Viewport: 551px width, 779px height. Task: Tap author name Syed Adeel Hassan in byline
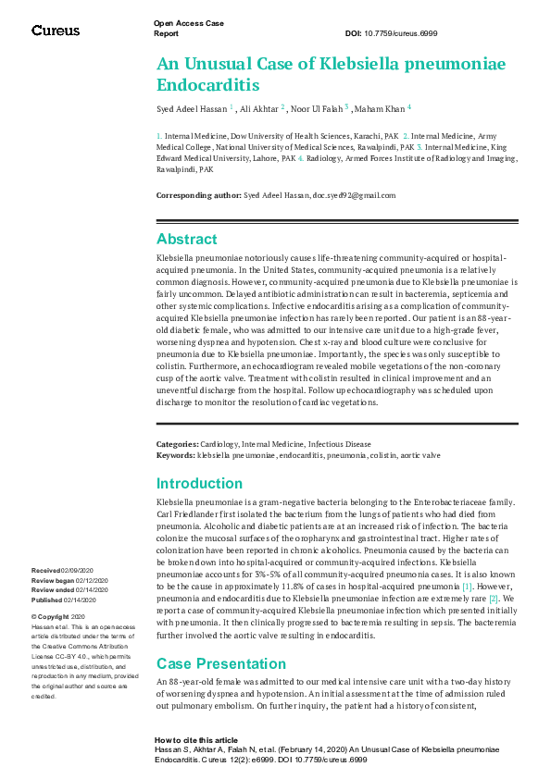click(x=191, y=109)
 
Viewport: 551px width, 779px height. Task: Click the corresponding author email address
click(x=354, y=195)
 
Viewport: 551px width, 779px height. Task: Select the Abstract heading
click(x=187, y=239)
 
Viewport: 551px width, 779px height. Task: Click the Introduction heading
click(x=199, y=483)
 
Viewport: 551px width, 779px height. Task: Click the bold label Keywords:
click(x=175, y=455)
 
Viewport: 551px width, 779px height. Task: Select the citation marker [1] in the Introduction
click(x=468, y=587)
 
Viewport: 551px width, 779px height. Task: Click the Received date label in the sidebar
click(x=45, y=571)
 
